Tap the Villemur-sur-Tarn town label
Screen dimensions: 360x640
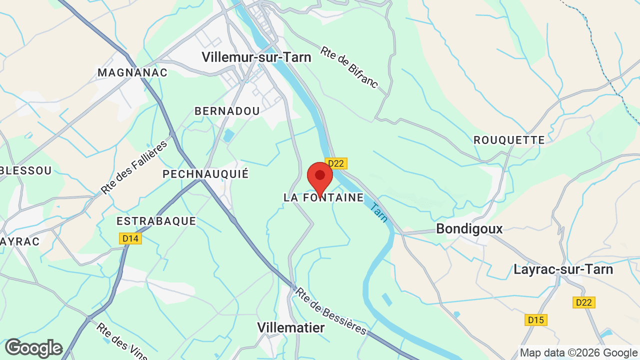pos(256,57)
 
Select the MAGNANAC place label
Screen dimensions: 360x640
pos(132,72)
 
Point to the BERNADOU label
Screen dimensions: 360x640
pos(227,111)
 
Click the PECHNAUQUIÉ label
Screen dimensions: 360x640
pos(205,174)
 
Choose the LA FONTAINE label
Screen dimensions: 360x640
pos(323,197)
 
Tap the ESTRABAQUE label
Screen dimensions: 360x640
pos(156,221)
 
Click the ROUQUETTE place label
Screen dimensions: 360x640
pos(509,140)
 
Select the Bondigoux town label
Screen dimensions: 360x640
pos(469,229)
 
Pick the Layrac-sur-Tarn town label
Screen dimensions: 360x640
pos(563,269)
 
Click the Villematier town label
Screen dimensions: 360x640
pos(290,327)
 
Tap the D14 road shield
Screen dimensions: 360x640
pos(131,238)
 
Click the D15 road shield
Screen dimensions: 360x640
pos(536,319)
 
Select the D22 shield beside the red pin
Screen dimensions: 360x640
pos(336,163)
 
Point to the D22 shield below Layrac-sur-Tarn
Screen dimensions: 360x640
pos(583,302)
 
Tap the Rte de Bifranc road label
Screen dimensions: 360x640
pos(349,68)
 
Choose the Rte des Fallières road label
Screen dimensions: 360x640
pos(133,168)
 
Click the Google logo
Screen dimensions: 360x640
pos(33,348)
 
